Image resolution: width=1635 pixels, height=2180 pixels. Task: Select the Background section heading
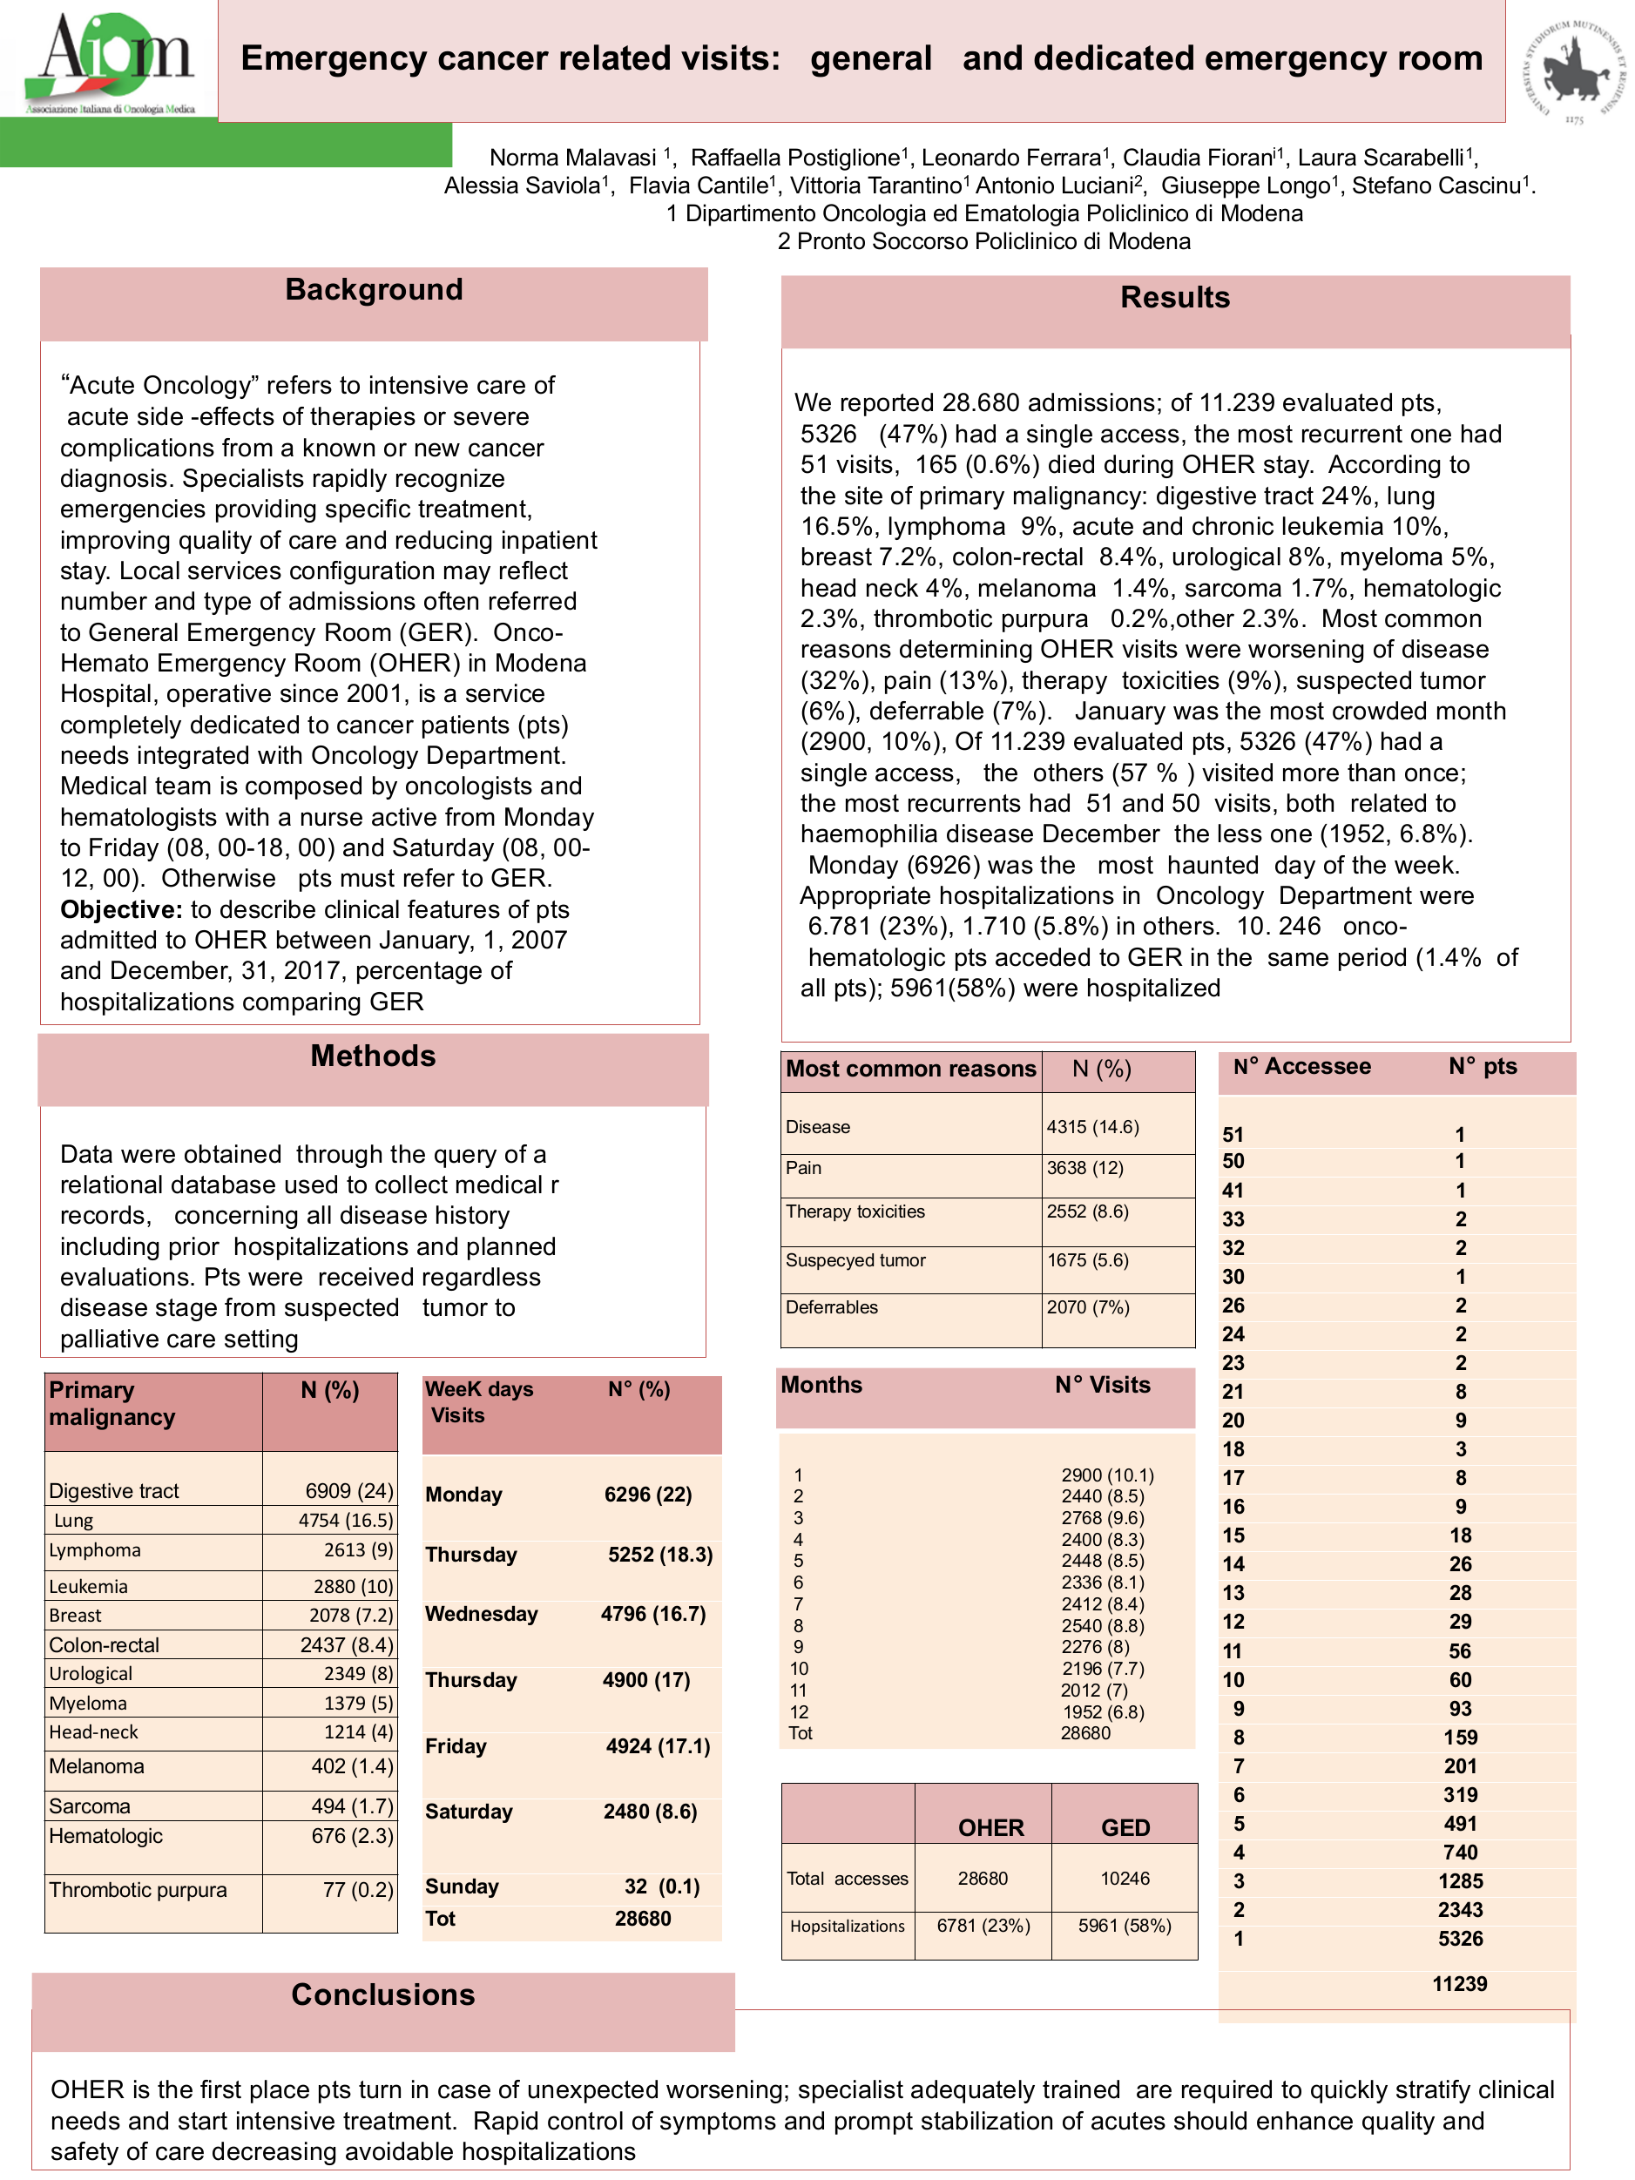(374, 290)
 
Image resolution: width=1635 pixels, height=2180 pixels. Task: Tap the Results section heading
(1175, 298)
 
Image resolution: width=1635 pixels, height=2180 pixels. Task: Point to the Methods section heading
(373, 1056)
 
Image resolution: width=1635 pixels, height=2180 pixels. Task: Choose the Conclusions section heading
(382, 1994)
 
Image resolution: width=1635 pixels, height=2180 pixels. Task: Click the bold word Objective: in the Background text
(121, 909)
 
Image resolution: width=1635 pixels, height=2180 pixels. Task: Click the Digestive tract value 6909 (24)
(349, 1490)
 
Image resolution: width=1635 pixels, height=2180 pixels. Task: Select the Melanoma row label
(97, 1766)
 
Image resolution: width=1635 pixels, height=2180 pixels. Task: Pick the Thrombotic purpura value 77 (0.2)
(358, 1889)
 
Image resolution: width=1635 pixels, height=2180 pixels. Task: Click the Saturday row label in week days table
(470, 1812)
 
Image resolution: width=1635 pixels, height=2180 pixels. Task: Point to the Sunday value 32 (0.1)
(661, 1886)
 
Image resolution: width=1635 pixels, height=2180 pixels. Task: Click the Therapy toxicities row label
(855, 1211)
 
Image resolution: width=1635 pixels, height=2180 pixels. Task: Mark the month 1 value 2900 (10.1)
(1107, 1475)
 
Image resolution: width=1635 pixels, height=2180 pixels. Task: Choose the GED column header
(1125, 1828)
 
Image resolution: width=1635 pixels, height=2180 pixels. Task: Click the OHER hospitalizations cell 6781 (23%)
(983, 1926)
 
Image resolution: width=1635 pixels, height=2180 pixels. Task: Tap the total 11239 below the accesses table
(1460, 1984)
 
